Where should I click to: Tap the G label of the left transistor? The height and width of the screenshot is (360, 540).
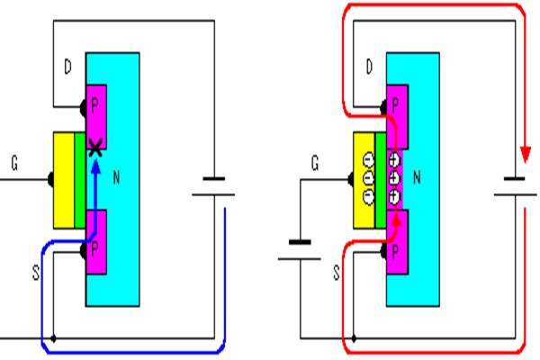(13, 165)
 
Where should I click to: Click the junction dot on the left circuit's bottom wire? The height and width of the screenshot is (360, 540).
(56, 340)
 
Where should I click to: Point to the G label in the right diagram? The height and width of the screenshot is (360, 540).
(314, 165)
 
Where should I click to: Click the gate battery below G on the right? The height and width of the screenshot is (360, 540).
(300, 248)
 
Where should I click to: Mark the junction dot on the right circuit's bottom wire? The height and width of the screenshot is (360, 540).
(357, 340)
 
